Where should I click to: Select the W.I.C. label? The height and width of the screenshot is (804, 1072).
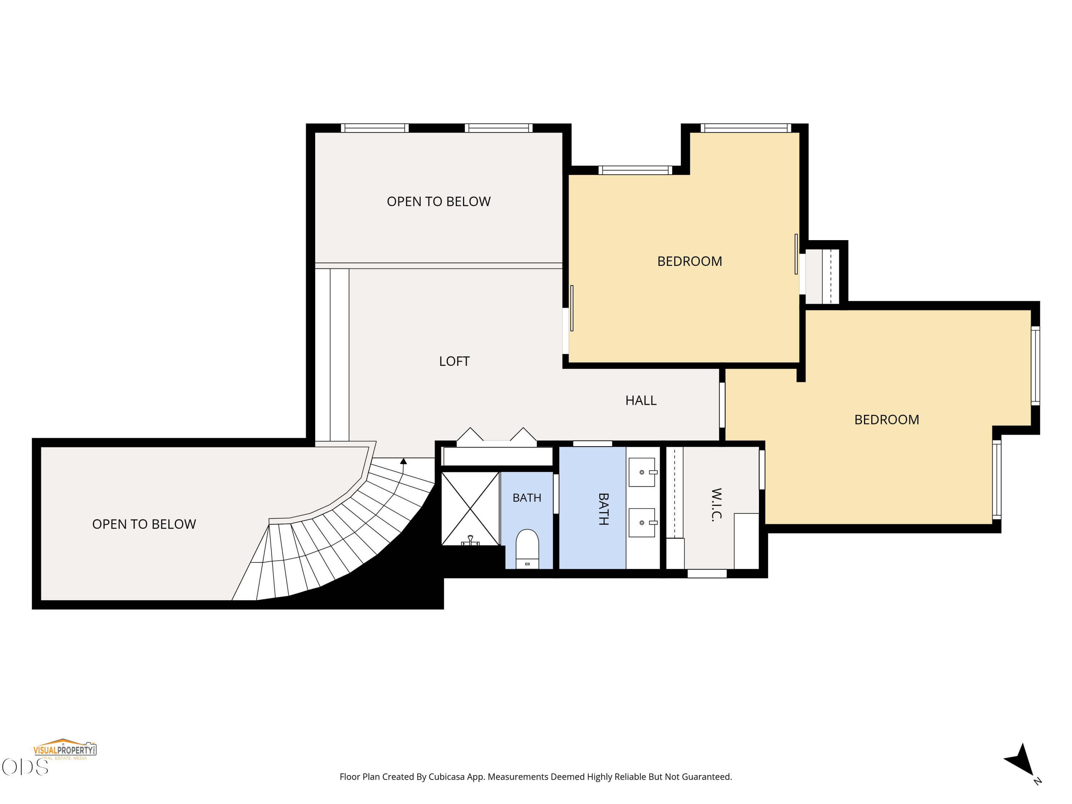716,505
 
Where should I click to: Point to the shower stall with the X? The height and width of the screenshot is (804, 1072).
470,508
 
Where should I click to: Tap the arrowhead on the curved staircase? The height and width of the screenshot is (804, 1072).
403,461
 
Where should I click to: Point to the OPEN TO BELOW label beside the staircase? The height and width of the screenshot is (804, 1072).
144,524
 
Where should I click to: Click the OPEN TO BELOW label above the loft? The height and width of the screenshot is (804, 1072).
438,202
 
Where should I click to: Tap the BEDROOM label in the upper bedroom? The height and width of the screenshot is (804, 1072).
690,262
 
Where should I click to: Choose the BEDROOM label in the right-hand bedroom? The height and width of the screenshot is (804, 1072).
887,420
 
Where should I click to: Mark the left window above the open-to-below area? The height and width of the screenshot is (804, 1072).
374,128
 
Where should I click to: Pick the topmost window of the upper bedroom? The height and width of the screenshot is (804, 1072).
746,128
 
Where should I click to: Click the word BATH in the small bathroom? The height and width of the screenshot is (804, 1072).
527,498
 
